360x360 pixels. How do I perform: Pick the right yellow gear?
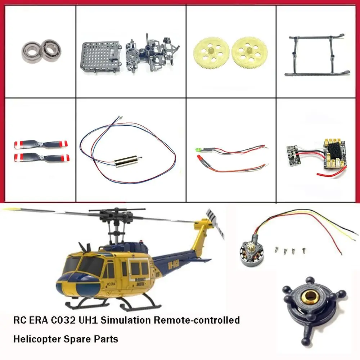248,53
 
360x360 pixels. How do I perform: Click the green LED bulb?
197,149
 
